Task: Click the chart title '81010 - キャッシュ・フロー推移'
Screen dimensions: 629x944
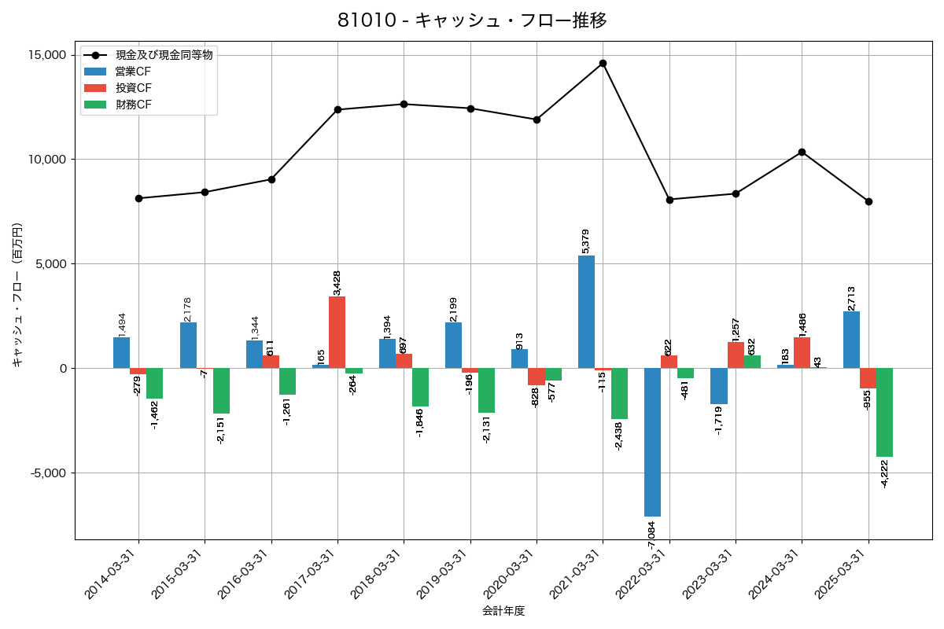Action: pos(472,20)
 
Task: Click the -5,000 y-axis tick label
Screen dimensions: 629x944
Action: pos(47,473)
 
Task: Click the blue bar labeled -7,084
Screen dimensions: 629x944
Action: pos(652,442)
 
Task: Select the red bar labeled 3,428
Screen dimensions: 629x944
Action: pos(337,332)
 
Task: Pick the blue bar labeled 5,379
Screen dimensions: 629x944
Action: pos(586,311)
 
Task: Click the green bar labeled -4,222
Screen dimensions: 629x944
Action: pos(884,412)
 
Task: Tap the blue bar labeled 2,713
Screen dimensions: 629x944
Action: pos(851,340)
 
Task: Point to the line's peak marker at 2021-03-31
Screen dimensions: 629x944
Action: pos(603,63)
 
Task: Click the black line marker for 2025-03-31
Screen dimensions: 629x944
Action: pos(868,201)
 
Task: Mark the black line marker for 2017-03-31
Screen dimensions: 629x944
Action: pos(337,109)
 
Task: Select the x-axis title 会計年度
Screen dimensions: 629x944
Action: pos(503,611)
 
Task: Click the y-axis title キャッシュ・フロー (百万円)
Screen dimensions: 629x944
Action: pos(17,296)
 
